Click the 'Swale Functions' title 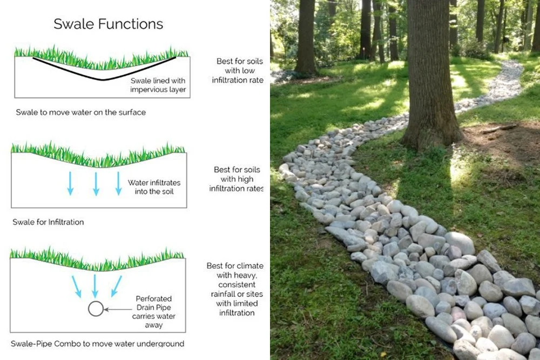pyautogui.click(x=108, y=24)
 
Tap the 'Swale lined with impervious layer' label pyautogui.click(x=158, y=85)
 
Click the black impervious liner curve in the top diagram pyautogui.click(x=103, y=78)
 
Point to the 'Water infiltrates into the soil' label pyautogui.click(x=154, y=187)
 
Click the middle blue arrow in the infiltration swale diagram pyautogui.click(x=96, y=184)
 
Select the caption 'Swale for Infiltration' pyautogui.click(x=48, y=222)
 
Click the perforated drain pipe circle pyautogui.click(x=96, y=309)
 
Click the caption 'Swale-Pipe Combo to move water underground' pyautogui.click(x=97, y=344)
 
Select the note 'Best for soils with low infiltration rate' pyautogui.click(x=238, y=71)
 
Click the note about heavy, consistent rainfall pyautogui.click(x=235, y=289)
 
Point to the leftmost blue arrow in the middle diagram pyautogui.click(x=70, y=184)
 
